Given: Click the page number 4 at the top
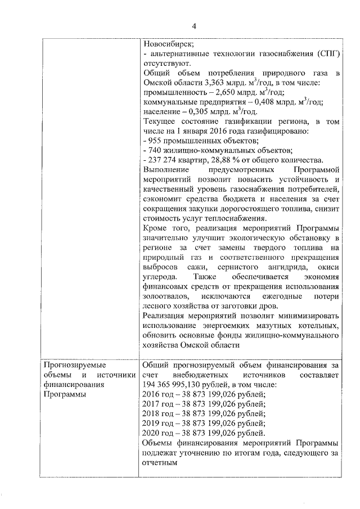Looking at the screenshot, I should [x=193, y=26].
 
